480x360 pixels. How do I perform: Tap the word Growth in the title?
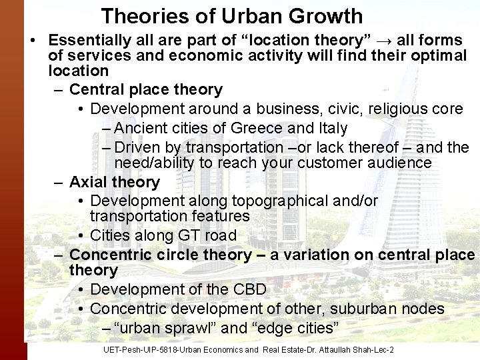[326, 15]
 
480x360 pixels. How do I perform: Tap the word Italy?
[331, 127]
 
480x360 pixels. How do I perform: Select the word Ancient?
[141, 127]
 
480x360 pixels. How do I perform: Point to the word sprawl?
[191, 328]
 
